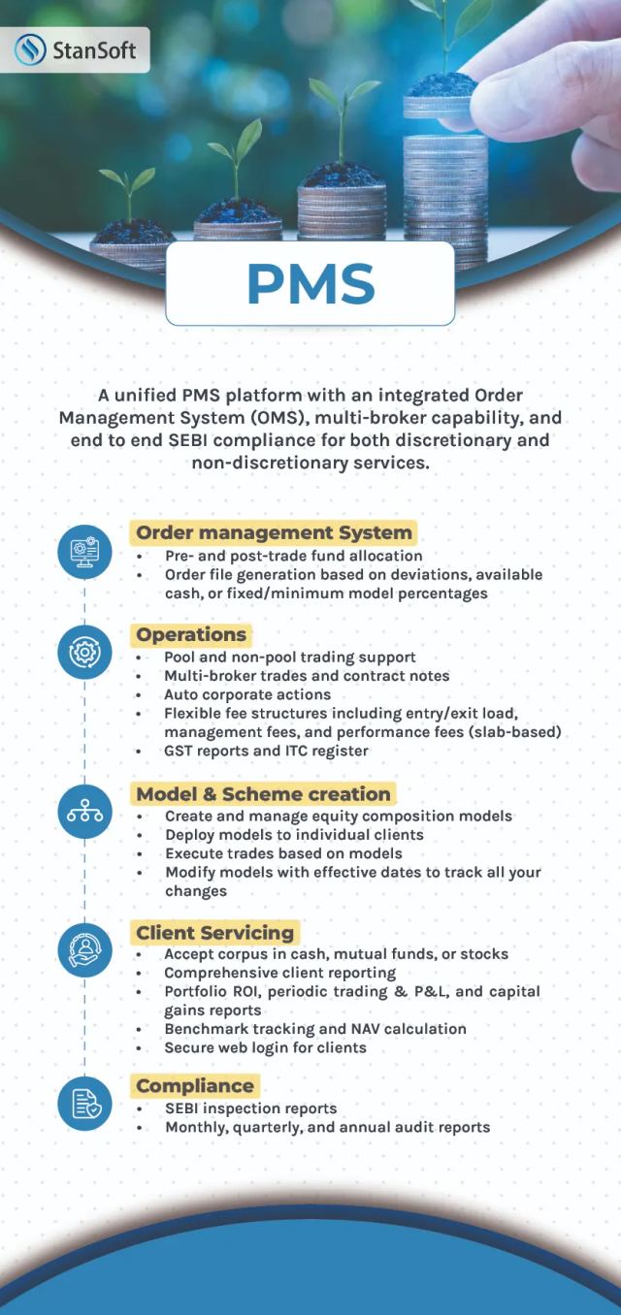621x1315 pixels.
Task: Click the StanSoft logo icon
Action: [30, 49]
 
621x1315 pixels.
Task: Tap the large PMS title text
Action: [310, 284]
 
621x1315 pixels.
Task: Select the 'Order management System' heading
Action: [274, 533]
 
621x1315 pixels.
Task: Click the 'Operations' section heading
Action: [191, 634]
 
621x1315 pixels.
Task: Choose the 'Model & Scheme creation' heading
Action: [263, 794]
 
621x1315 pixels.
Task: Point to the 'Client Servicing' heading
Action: [215, 933]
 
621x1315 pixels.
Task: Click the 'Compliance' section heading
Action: [195, 1086]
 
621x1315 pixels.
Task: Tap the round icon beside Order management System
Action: [84, 552]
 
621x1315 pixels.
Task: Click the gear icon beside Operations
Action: [84, 653]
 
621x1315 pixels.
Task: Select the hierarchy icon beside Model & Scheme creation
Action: [84, 812]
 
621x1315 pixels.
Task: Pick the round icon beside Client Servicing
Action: [84, 949]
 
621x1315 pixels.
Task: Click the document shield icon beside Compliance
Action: [84, 1104]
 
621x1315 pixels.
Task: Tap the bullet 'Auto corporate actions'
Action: [247, 694]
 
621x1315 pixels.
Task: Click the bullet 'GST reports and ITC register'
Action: [266, 751]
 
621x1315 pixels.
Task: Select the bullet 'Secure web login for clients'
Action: [266, 1048]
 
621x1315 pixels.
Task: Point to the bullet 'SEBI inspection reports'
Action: [251, 1108]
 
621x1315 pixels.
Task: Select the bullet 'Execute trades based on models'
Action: [283, 853]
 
